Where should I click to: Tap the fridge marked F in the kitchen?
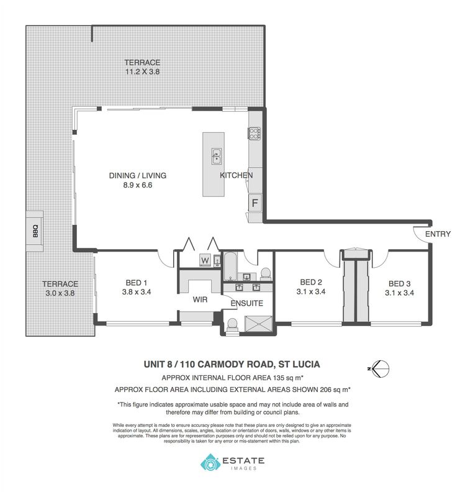pos(254,203)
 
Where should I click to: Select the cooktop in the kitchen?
pos(254,133)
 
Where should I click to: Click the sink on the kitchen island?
pos(216,155)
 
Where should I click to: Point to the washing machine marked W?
pos(205,259)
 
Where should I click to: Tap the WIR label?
pos(200,299)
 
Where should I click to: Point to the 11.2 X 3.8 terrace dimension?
pos(142,71)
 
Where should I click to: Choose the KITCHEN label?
pos(236,176)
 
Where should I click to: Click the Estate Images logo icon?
pos(210,462)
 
